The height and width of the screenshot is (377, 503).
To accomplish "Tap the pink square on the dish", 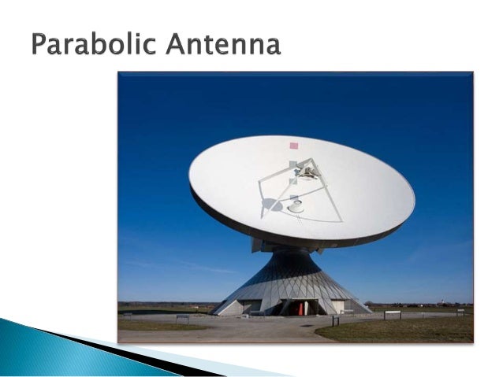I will coord(293,146).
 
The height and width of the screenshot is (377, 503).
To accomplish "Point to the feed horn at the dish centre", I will coord(296,206).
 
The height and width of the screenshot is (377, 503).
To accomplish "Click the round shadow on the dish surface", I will coord(270,205).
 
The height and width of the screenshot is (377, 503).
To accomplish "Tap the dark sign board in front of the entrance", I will coord(335,320).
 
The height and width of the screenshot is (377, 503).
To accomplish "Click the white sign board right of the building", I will coord(392,314).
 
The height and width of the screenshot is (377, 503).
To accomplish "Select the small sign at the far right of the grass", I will coord(460,312).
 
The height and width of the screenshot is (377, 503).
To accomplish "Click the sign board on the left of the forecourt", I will coord(182,317).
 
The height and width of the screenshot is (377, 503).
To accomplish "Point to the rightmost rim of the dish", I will coord(414,200).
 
